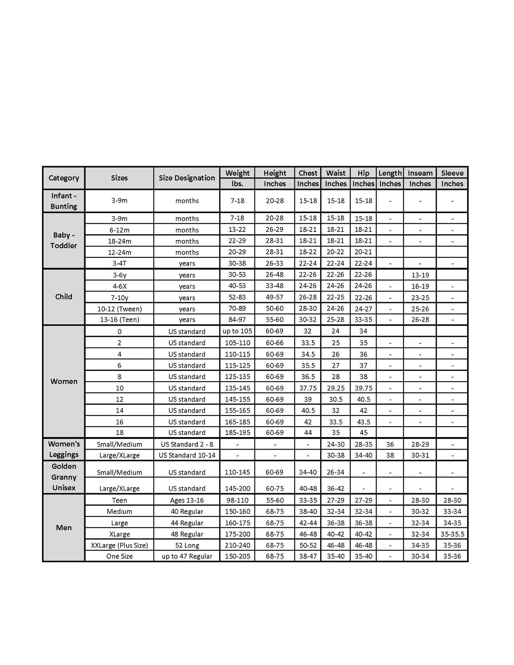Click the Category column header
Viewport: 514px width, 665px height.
point(64,178)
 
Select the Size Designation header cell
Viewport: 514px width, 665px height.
point(187,178)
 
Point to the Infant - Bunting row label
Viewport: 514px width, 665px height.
point(64,201)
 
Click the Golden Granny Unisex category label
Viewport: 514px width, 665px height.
point(64,477)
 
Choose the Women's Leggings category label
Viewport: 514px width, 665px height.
point(64,449)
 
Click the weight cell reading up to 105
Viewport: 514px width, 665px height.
point(237,331)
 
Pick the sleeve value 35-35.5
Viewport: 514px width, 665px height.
point(452,534)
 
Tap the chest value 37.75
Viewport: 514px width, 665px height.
point(308,388)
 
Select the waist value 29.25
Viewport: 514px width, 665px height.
point(335,388)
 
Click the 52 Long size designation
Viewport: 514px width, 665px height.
point(187,545)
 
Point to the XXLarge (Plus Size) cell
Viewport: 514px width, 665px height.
point(119,545)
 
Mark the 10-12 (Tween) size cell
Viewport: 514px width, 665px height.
point(119,309)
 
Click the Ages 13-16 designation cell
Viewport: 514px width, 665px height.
point(187,500)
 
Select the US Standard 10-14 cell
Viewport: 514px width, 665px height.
point(187,455)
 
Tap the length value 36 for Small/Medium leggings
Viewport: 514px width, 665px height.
point(390,444)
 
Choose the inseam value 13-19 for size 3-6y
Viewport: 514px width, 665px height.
point(420,275)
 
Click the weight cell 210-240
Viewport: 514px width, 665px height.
point(237,545)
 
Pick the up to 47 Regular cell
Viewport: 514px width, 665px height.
point(187,556)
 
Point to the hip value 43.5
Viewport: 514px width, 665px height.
point(363,422)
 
